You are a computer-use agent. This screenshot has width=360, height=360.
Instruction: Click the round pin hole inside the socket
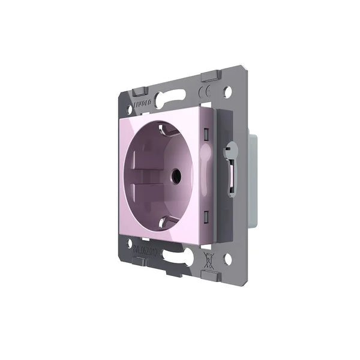tap(176, 176)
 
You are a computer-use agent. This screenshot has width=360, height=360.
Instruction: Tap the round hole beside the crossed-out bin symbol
tap(227, 260)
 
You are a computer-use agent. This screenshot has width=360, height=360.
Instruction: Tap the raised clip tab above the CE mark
tap(211, 76)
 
